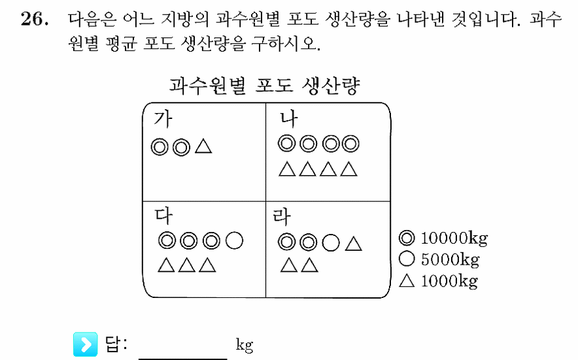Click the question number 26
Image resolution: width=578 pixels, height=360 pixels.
click(34, 19)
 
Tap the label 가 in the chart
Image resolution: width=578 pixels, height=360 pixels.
click(163, 119)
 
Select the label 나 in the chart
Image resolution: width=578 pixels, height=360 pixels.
click(288, 119)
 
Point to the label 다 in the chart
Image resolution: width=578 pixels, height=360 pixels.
click(163, 216)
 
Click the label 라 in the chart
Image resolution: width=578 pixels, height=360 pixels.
click(282, 216)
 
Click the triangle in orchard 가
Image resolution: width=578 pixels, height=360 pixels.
click(203, 146)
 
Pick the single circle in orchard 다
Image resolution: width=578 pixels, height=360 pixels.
click(235, 241)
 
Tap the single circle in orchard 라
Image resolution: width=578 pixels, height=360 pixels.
click(331, 243)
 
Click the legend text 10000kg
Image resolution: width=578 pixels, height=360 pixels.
click(454, 238)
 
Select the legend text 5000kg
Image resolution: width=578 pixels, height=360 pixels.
click(450, 260)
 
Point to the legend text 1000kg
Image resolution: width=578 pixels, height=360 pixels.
click(449, 281)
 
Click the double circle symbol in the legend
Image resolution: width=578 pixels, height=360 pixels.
click(407, 238)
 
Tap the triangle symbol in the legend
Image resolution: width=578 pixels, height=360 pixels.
click(407, 281)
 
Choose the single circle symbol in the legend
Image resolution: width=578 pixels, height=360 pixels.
click(407, 259)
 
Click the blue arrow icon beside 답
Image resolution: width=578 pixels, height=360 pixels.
click(86, 344)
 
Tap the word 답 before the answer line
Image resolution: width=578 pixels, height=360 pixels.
click(113, 344)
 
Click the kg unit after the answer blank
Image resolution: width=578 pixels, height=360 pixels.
click(245, 345)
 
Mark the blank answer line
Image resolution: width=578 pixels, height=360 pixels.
click(183, 358)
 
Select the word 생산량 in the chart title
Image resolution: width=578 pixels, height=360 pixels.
click(331, 86)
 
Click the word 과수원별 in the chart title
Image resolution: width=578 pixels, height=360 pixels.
click(207, 86)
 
